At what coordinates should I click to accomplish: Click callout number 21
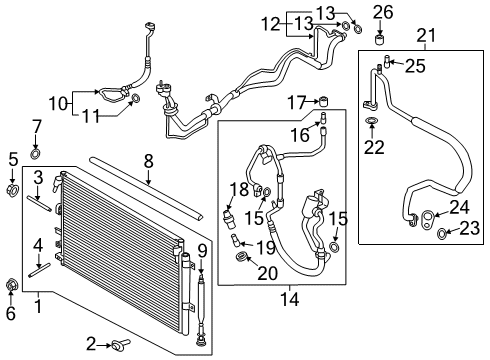pos(426,37)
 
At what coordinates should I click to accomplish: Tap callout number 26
pos(380,12)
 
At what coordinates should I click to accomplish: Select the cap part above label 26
pos(379,41)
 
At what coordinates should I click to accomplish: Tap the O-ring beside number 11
pos(136,98)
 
